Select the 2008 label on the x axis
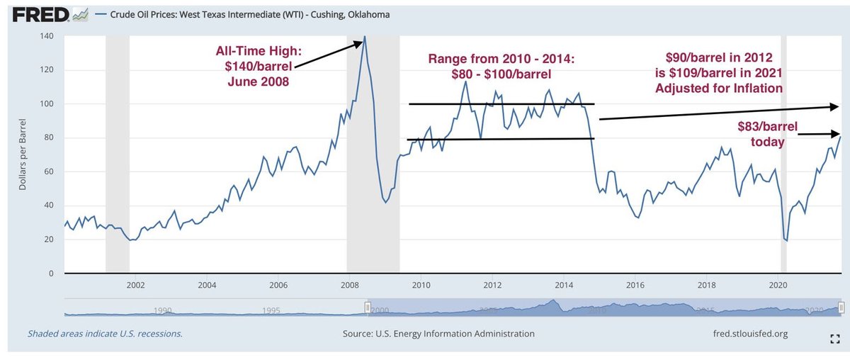coord(348,286)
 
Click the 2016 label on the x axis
coord(635,286)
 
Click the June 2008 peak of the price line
coord(365,37)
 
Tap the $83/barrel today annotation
coord(768,135)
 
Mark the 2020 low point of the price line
coord(786,241)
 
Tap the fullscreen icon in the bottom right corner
coord(833,339)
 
